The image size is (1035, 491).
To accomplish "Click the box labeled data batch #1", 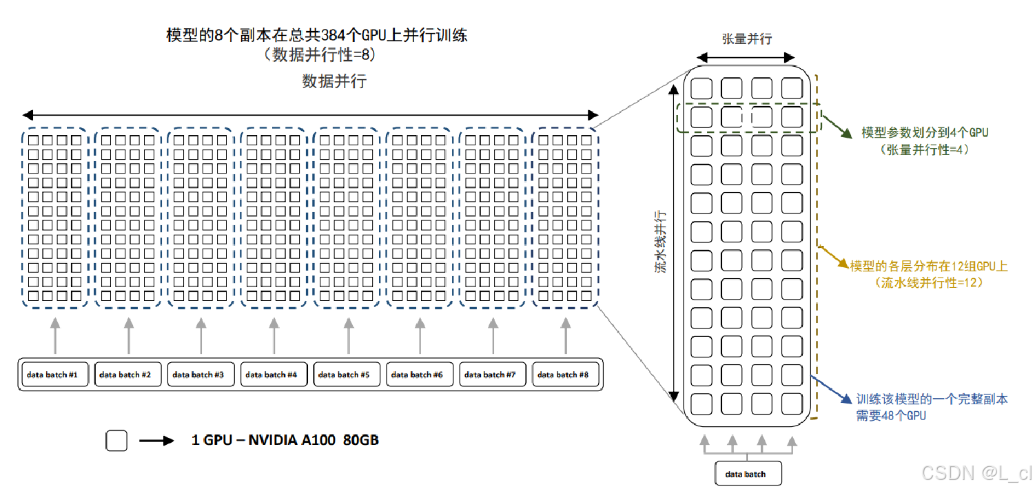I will click(x=52, y=375).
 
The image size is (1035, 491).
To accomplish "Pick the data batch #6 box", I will click(x=418, y=375).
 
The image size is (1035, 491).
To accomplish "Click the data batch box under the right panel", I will click(x=747, y=474).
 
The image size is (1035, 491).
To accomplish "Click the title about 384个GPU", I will click(x=317, y=35).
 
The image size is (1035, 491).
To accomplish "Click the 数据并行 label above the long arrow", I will click(x=334, y=81).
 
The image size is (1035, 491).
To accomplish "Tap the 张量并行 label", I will click(x=747, y=39).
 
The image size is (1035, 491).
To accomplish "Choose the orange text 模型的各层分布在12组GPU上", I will click(x=929, y=266).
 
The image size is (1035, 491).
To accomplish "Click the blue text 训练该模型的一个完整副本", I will click(x=932, y=399).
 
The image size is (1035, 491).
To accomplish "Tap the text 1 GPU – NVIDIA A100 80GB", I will click(x=285, y=440).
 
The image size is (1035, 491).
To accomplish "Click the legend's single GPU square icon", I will click(x=116, y=441).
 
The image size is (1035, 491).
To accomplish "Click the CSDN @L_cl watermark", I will click(x=976, y=473).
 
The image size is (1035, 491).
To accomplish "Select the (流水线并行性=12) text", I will click(x=928, y=282).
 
